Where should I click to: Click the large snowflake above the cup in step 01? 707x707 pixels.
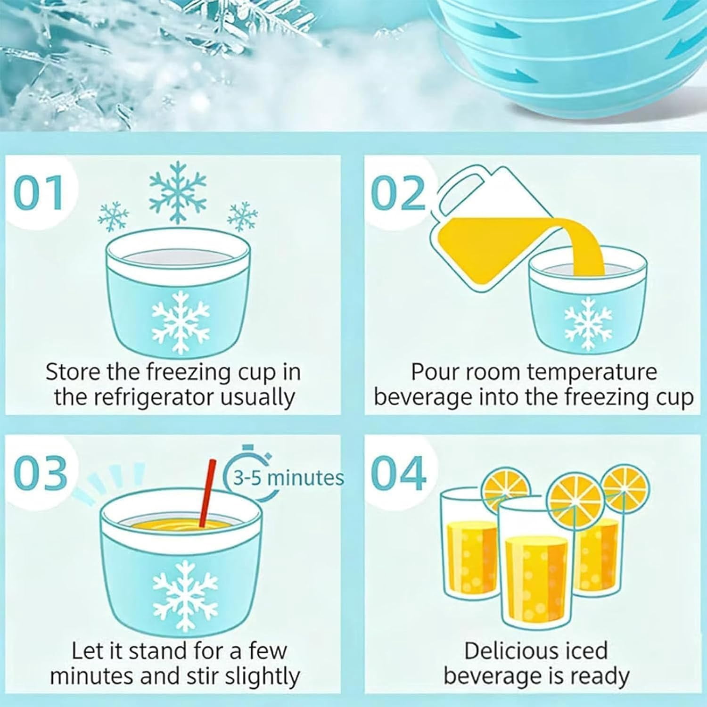coord(178,192)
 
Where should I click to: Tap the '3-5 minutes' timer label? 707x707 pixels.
coord(289,478)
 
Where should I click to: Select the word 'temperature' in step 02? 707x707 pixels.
coord(592,372)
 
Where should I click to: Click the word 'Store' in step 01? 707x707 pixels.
coord(73,372)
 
